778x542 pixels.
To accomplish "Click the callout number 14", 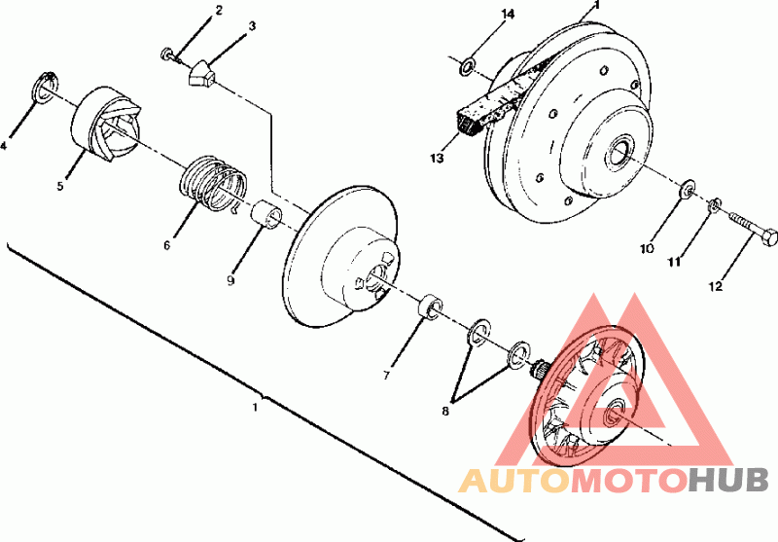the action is click(x=508, y=14).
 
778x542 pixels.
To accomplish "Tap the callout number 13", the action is click(x=437, y=159).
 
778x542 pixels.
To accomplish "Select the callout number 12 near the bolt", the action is click(x=716, y=286).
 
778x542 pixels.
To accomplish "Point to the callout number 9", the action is click(x=230, y=280).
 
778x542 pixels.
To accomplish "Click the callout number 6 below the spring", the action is click(x=166, y=245).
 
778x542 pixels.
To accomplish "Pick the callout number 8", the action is click(x=445, y=411).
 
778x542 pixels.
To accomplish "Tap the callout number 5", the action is click(x=60, y=186).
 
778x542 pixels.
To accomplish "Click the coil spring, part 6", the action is click(x=213, y=183).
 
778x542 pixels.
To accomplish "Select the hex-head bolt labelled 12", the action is click(x=753, y=230).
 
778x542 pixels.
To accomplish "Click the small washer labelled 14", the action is click(x=467, y=67).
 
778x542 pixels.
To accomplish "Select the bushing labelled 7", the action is click(x=430, y=307).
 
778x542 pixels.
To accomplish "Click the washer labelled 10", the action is click(x=687, y=190).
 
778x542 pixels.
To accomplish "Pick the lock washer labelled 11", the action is click(x=713, y=205).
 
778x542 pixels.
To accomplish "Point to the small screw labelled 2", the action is click(x=169, y=54).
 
